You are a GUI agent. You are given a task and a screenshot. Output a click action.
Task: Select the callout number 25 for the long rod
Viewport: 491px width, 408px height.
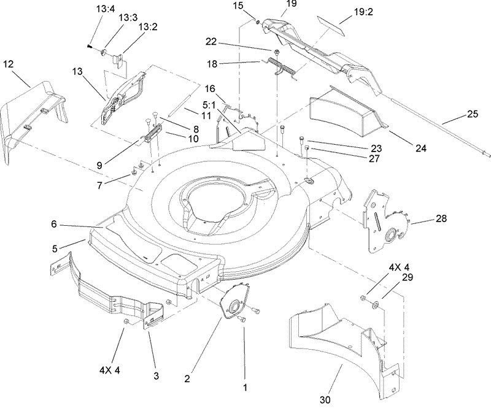click(x=472, y=114)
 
